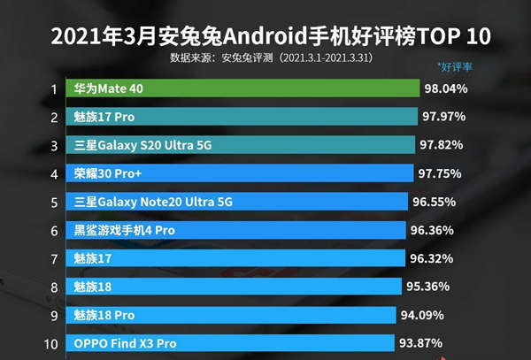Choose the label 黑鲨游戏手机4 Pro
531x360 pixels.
click(124, 231)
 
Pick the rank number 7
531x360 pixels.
click(54, 259)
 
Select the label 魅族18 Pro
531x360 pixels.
click(104, 316)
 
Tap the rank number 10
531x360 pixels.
click(53, 343)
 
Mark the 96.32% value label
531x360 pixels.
click(432, 259)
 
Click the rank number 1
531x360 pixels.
click(54, 89)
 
